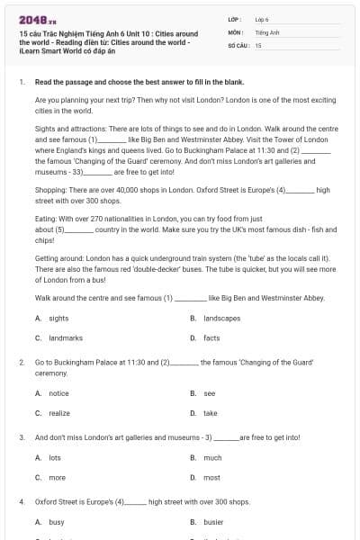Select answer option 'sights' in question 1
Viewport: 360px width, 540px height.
click(x=58, y=319)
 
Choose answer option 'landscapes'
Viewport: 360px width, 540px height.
click(x=221, y=319)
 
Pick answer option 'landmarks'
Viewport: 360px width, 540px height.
click(x=65, y=337)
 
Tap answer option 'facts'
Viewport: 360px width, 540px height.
click(x=211, y=337)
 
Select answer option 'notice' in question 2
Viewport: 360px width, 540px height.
click(x=58, y=393)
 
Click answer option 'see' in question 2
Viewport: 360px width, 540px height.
click(x=210, y=393)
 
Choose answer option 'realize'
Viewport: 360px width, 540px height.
click(x=59, y=412)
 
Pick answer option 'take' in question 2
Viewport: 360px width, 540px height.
click(x=211, y=412)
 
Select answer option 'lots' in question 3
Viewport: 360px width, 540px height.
click(x=55, y=458)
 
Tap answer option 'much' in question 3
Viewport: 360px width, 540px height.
click(x=212, y=458)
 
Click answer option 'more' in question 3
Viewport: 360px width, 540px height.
click(x=57, y=477)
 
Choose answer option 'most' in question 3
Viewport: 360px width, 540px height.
click(x=212, y=477)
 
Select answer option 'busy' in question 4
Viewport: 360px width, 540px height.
click(x=57, y=522)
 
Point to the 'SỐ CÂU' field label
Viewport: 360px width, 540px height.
click(x=238, y=44)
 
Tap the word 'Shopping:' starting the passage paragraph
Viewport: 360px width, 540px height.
click(x=50, y=191)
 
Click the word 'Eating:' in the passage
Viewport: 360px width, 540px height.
click(x=47, y=219)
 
